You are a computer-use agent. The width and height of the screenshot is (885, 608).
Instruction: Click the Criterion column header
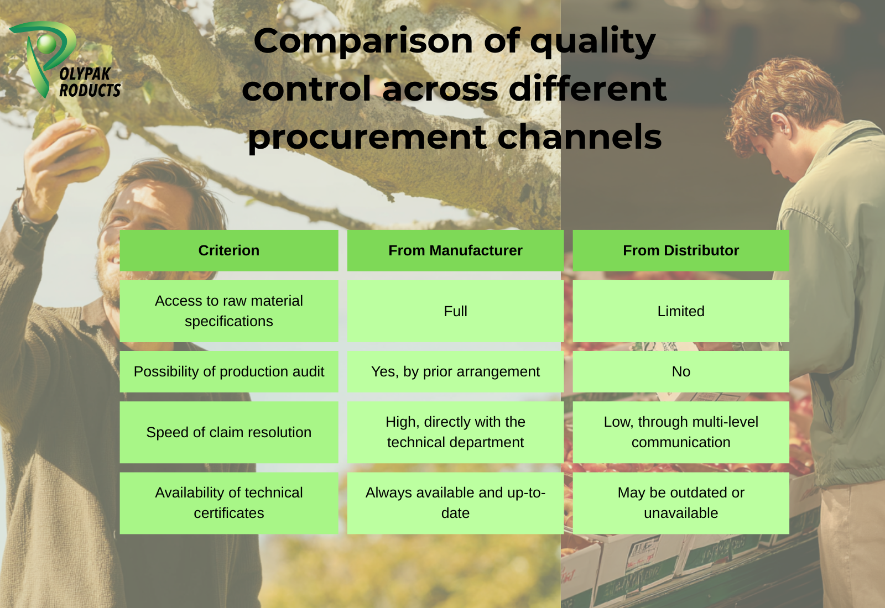[x=229, y=250]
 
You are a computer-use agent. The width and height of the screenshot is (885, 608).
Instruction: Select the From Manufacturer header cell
[x=455, y=250]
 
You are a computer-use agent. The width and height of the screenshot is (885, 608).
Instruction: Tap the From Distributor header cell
[x=681, y=250]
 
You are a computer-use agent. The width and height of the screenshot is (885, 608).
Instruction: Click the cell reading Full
[x=455, y=311]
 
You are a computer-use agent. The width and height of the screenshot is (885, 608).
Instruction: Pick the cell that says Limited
[x=681, y=311]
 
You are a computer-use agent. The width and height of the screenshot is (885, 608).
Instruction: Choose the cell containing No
[x=681, y=371]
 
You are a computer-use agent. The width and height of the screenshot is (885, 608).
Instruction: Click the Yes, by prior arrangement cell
[x=455, y=371]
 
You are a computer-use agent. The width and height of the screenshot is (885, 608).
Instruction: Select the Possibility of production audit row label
[x=229, y=371]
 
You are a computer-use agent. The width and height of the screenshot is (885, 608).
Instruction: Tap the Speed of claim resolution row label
[x=229, y=432]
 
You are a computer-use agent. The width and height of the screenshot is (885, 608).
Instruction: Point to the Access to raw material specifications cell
[x=229, y=311]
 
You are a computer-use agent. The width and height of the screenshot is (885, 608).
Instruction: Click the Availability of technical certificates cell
[x=229, y=503]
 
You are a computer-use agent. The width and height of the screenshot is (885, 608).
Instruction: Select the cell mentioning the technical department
[x=455, y=432]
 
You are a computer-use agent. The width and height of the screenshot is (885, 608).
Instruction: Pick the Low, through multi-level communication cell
[x=681, y=432]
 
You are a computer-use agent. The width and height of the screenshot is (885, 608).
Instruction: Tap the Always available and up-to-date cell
[x=455, y=503]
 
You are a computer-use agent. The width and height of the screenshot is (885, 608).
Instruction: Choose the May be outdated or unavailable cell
[x=681, y=503]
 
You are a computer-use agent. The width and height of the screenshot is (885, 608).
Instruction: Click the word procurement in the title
[x=367, y=138]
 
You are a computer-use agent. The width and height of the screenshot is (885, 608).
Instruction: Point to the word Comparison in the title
[x=363, y=42]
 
